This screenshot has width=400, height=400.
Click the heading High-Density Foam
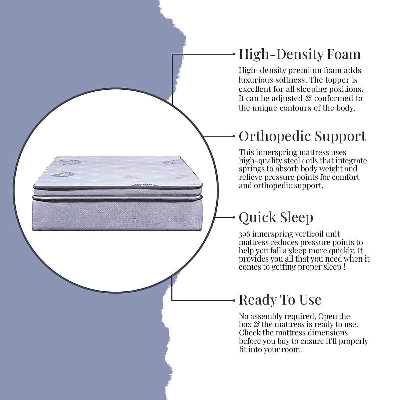(x=300, y=54)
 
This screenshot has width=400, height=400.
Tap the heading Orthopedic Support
(x=302, y=136)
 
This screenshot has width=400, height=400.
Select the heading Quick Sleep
(x=276, y=218)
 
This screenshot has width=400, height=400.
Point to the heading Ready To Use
(x=280, y=300)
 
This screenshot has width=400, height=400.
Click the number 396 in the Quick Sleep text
(x=244, y=234)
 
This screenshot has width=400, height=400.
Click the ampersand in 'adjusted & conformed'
(x=308, y=98)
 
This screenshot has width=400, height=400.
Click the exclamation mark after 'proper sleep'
(x=345, y=267)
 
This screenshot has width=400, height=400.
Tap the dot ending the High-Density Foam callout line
(x=234, y=54)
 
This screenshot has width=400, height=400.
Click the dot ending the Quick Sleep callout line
(x=234, y=217)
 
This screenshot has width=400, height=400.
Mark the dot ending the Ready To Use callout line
(x=234, y=300)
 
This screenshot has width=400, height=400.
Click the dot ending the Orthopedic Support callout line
(x=234, y=136)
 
